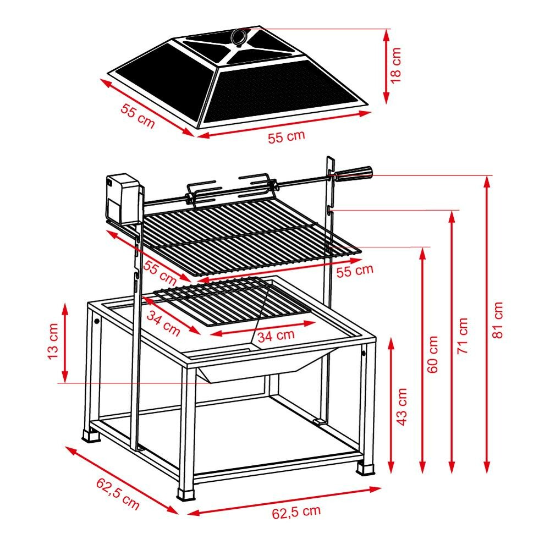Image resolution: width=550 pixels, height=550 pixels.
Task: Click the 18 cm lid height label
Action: click(x=395, y=65)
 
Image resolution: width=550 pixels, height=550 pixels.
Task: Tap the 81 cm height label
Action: click(x=497, y=320)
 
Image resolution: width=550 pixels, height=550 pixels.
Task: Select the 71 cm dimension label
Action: click(x=463, y=335)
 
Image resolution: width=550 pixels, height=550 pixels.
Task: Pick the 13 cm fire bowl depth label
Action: click(x=53, y=342)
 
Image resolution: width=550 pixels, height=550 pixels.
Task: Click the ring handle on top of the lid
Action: click(x=239, y=36)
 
